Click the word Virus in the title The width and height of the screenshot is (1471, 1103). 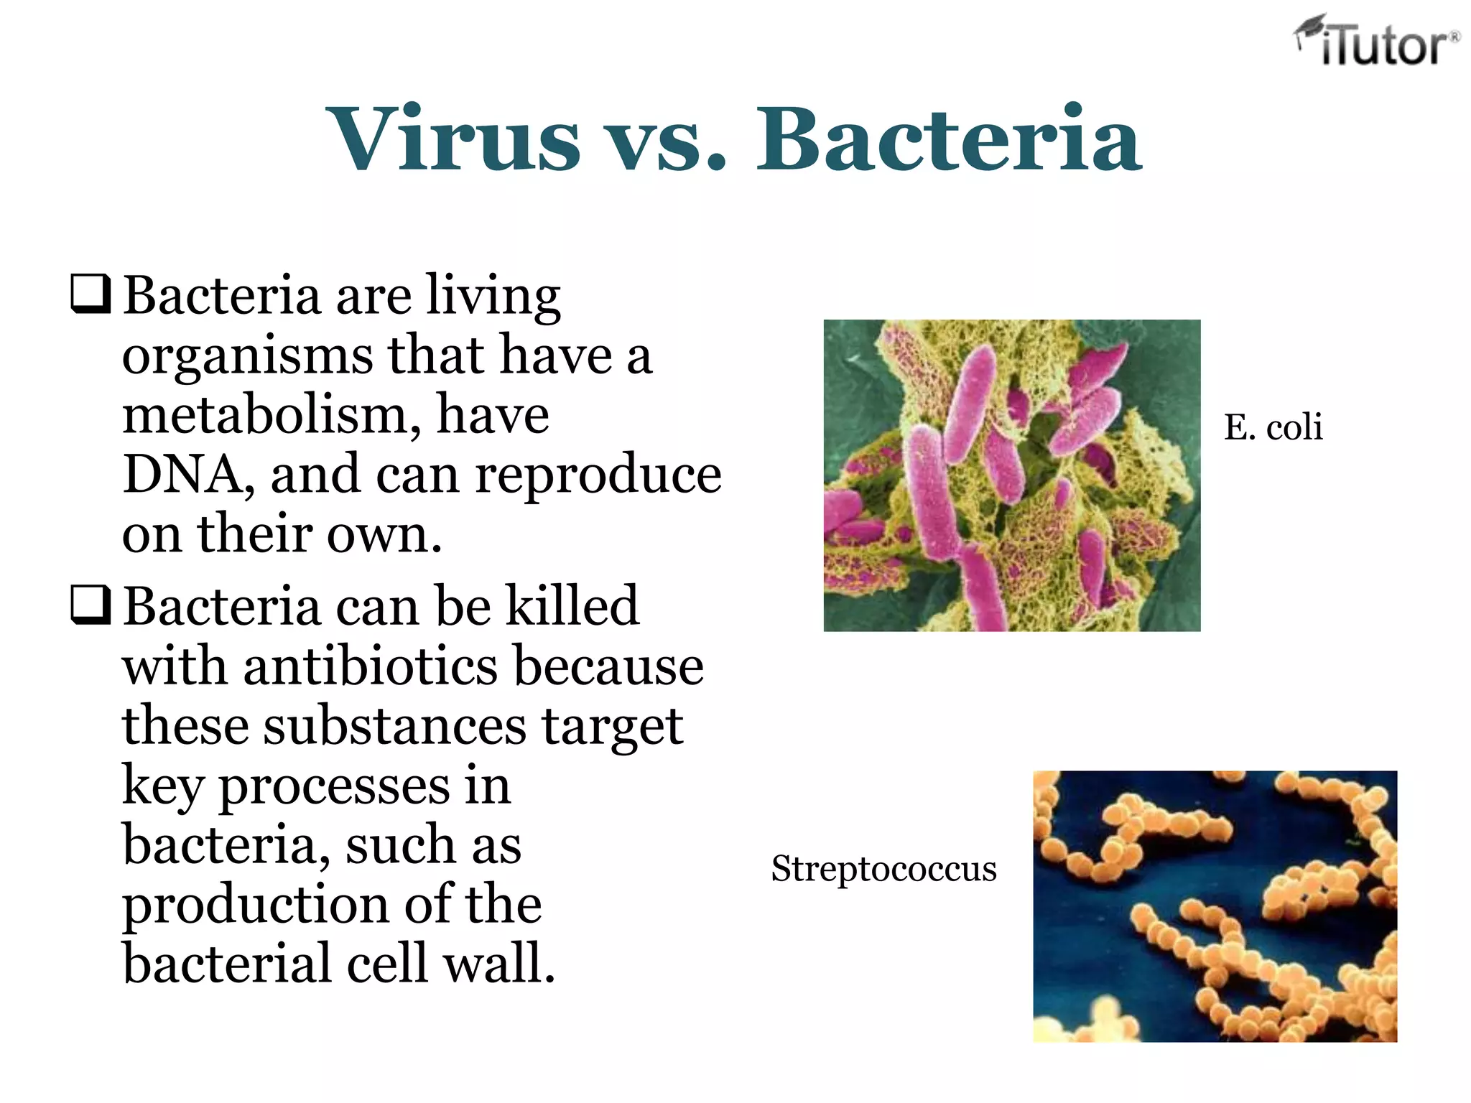tap(453, 140)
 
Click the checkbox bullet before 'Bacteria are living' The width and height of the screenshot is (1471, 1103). tap(91, 294)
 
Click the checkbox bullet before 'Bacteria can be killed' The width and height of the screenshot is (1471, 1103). tap(91, 605)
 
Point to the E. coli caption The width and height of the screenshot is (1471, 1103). tap(1273, 428)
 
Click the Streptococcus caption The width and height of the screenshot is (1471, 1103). tap(883, 869)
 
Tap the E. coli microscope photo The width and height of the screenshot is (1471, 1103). tap(1011, 475)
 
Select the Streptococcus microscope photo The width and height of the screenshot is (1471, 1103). tap(1215, 906)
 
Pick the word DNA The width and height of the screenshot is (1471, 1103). tap(185, 475)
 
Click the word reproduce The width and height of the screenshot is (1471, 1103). tap(598, 475)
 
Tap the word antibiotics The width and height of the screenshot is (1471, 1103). tap(370, 666)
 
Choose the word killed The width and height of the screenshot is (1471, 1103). tap(572, 606)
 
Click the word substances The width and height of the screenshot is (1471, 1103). tap(395, 726)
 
